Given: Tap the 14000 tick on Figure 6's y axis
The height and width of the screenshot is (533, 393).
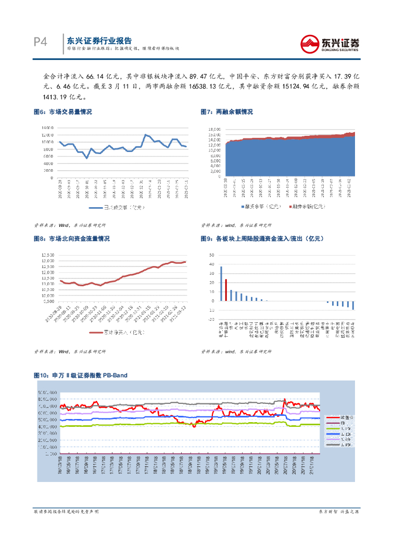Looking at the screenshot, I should pyautogui.click(x=47, y=128).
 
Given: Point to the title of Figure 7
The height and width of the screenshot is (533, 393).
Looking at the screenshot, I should pyautogui.click(x=227, y=112).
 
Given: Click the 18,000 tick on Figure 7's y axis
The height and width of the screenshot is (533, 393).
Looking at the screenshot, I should pyautogui.click(x=215, y=129).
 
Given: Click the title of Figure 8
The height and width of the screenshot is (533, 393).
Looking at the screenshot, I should pyautogui.click(x=71, y=238).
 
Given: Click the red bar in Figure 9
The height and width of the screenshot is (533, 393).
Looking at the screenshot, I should pyautogui.click(x=226, y=290).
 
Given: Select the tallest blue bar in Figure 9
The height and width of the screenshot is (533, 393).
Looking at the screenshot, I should pyautogui.click(x=221, y=284).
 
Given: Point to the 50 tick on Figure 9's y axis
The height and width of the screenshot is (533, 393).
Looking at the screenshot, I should pyautogui.click(x=211, y=256).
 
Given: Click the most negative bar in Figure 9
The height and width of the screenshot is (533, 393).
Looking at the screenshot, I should pyautogui.click(x=353, y=306).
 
